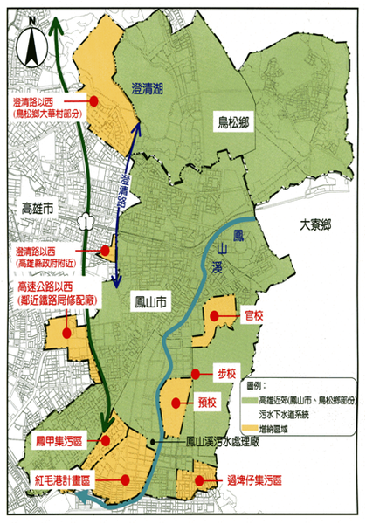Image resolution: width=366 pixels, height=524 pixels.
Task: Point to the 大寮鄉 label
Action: tap(316, 224)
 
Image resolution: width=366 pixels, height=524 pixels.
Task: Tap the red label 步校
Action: tap(225, 373)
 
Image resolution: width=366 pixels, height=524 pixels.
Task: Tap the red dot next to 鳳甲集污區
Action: tap(106, 439)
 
